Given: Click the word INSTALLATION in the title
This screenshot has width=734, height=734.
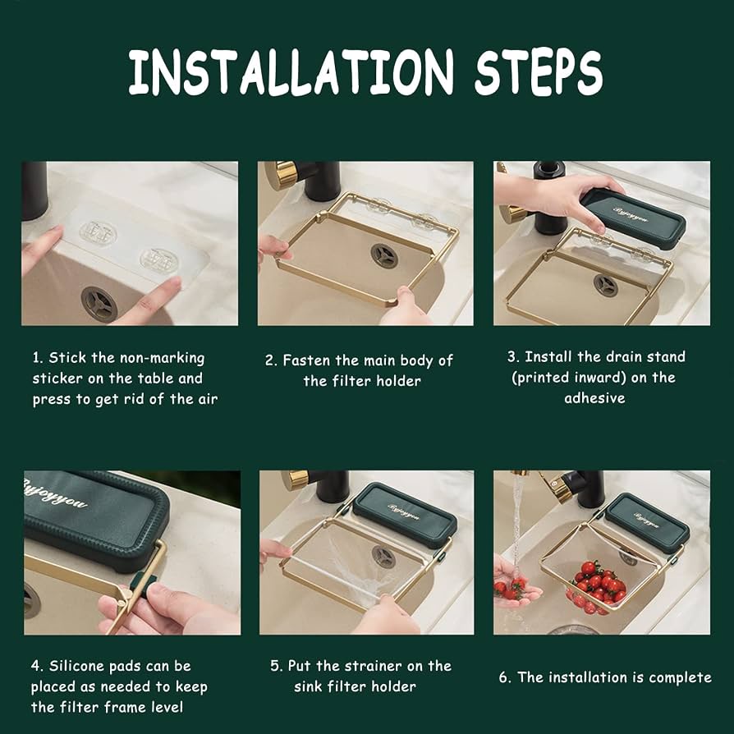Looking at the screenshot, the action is [x=291, y=72].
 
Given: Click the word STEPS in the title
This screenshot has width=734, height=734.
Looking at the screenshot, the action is [x=539, y=72].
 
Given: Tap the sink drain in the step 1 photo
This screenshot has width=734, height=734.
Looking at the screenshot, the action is [x=99, y=305].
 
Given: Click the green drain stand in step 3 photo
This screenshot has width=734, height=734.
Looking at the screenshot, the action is [x=633, y=218].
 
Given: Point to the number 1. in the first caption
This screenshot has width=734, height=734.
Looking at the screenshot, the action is [x=38, y=358].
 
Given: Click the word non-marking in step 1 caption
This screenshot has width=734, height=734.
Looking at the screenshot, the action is [x=163, y=358].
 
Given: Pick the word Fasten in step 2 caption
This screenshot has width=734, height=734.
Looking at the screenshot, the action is [x=306, y=360].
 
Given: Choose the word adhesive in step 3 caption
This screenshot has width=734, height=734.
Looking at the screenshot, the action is [x=594, y=398].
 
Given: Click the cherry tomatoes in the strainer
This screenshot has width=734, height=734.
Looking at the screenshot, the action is [x=599, y=585].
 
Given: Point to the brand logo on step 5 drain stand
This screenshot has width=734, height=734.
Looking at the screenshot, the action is [x=404, y=512].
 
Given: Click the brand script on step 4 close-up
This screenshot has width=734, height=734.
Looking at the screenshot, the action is [x=55, y=493].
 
